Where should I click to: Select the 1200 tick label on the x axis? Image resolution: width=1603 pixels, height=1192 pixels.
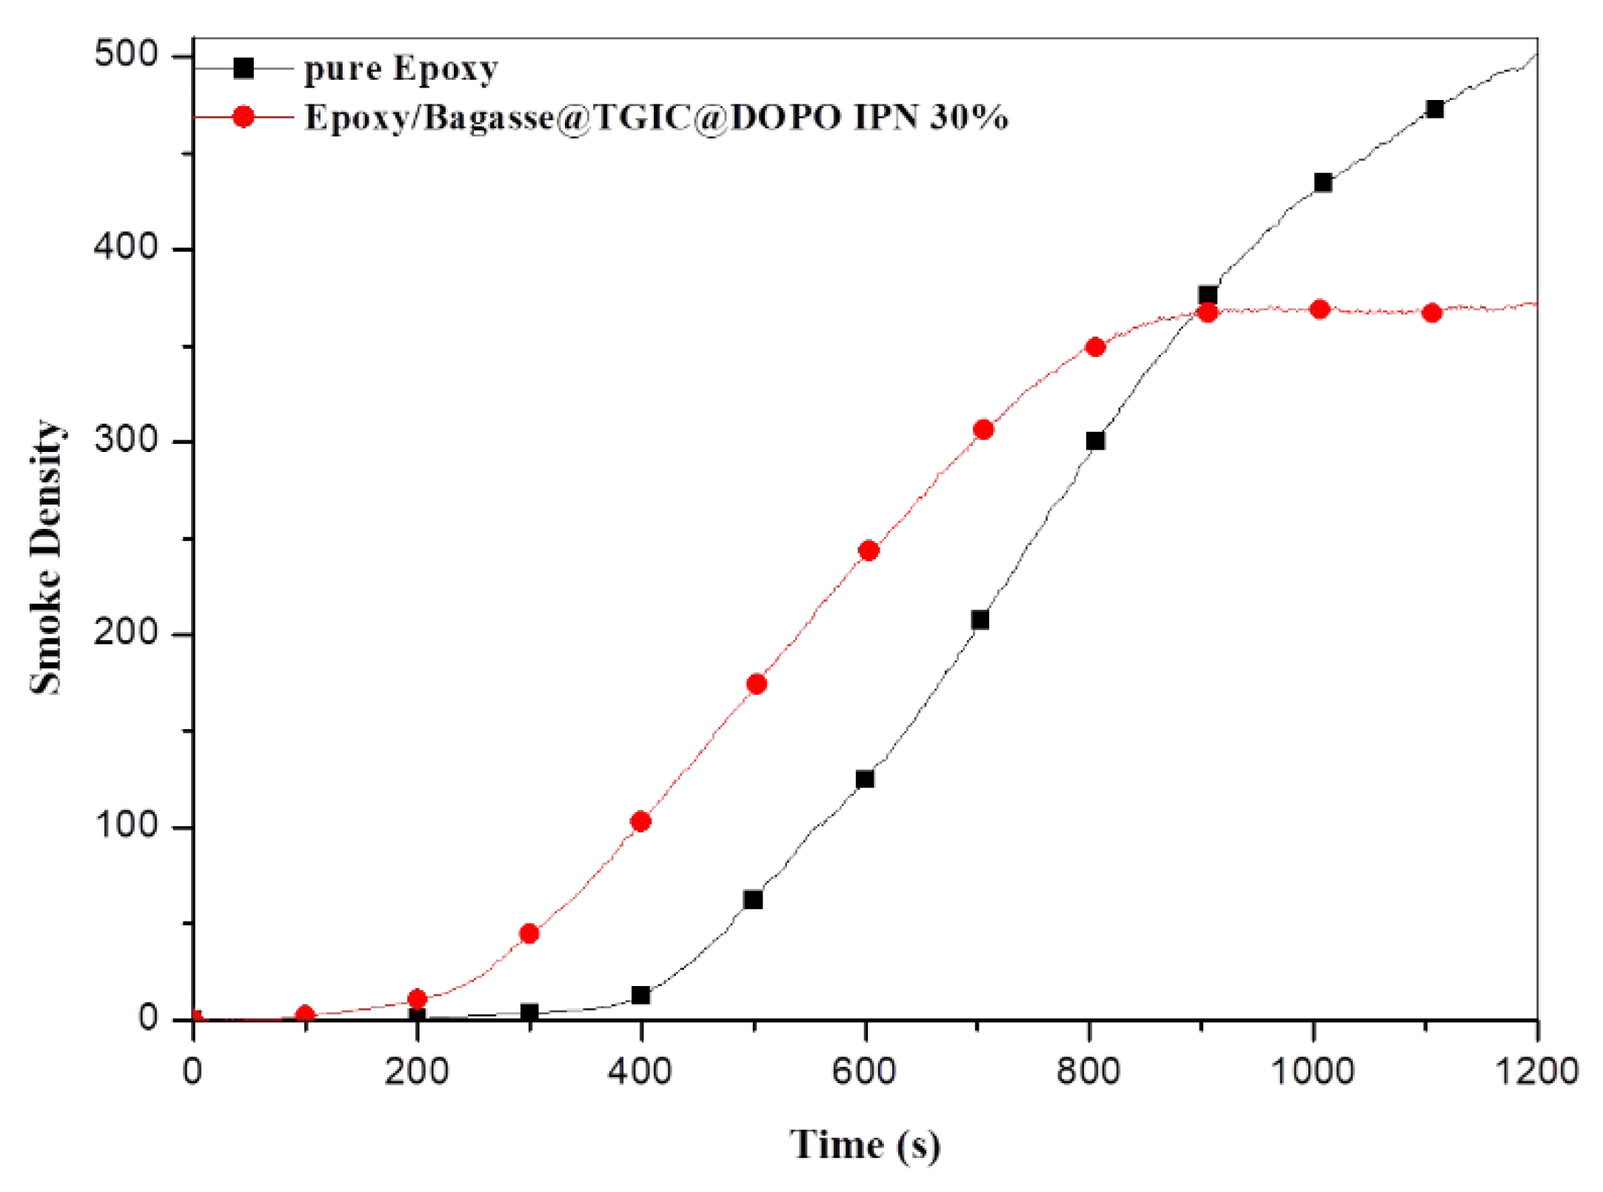(1537, 1071)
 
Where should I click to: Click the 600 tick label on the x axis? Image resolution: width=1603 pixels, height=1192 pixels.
(864, 1071)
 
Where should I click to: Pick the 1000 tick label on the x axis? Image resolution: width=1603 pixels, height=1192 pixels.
(1312, 1071)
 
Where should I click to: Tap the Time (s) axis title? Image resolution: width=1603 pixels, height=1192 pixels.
(865, 1145)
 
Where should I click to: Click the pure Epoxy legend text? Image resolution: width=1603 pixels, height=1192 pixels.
(401, 69)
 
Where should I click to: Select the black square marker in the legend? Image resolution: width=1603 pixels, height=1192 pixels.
(244, 69)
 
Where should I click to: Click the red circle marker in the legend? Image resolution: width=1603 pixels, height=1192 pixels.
(244, 117)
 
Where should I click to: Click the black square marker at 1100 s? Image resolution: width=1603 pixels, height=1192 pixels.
(1434, 110)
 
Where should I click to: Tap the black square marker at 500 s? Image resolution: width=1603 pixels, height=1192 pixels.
(753, 899)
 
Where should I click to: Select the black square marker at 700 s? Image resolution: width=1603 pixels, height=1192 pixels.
(980, 620)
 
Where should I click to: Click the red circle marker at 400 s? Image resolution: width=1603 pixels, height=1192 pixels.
(640, 821)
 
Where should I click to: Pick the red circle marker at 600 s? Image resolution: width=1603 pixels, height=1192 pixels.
(869, 550)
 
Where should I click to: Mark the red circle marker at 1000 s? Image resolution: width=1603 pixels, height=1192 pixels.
(1319, 309)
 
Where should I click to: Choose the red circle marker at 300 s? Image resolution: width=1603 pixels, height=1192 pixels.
(529, 933)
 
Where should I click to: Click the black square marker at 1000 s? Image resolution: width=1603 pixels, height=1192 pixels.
(1323, 182)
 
